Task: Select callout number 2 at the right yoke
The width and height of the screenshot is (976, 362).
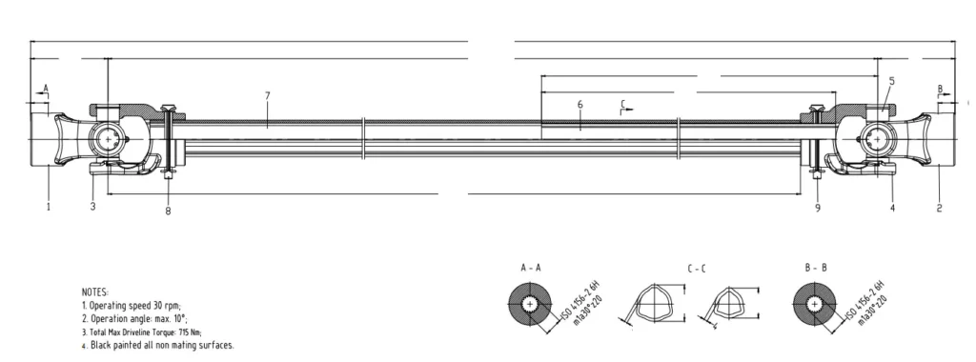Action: tap(940, 206)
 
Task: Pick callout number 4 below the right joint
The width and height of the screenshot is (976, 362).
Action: tap(892, 206)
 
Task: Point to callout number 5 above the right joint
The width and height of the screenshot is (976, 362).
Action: tap(891, 81)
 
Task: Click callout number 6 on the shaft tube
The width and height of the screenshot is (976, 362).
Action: tap(579, 103)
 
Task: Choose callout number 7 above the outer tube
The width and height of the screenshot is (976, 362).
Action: tap(268, 95)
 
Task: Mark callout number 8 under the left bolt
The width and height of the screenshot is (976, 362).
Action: tap(168, 211)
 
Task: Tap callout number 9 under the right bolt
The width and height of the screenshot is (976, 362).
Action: tap(817, 206)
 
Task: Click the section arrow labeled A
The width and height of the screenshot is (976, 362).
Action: tap(43, 89)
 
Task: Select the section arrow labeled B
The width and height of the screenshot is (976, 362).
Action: tap(940, 89)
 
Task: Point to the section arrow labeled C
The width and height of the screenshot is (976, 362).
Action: tap(623, 103)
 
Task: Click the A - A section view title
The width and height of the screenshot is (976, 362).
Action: tap(532, 270)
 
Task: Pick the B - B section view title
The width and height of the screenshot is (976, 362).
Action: tap(816, 270)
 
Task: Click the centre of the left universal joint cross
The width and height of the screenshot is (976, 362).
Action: tap(111, 140)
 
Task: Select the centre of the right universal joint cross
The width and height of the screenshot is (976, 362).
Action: tap(874, 140)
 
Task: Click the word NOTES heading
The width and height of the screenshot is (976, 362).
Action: tap(95, 290)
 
